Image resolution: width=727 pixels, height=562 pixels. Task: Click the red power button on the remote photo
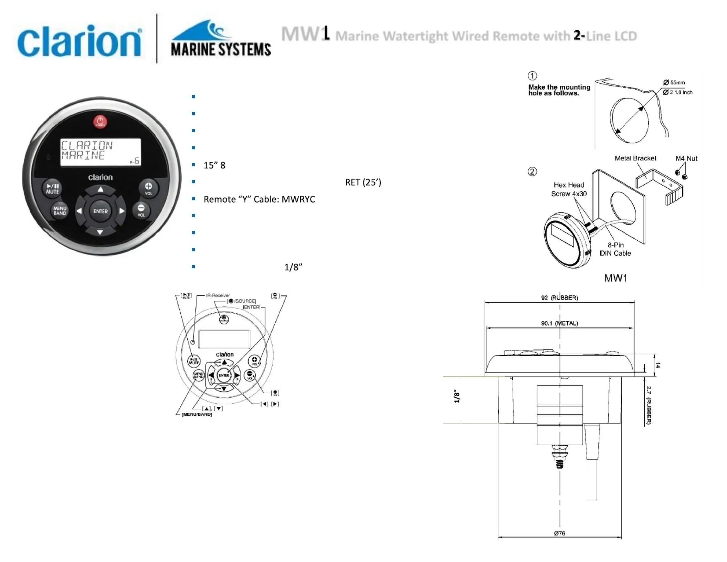coord(100,122)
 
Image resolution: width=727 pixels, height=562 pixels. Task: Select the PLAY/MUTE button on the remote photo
coord(52,188)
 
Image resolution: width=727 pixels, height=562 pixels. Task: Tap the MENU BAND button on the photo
coord(60,211)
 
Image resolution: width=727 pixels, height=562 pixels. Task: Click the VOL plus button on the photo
coord(148,188)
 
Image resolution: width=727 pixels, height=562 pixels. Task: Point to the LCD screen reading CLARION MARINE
coord(101,152)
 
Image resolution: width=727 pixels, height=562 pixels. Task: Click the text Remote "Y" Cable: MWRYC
coord(259,199)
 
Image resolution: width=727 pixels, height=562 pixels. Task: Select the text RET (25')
coord(363,182)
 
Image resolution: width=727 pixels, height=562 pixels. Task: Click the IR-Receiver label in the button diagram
coord(218,295)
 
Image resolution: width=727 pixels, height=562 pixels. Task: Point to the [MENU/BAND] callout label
coord(197,414)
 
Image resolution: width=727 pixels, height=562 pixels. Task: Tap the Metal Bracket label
coord(635,158)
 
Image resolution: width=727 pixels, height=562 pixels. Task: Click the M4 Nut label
coord(686,158)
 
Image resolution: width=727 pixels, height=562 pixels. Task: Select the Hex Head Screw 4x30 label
coord(569,189)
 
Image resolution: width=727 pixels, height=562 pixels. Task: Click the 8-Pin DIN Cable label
coord(615,249)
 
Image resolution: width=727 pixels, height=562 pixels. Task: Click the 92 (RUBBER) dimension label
coord(559,298)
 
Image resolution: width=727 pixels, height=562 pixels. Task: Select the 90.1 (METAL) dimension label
coord(559,323)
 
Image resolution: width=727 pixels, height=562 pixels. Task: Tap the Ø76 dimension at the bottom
coord(559,533)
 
